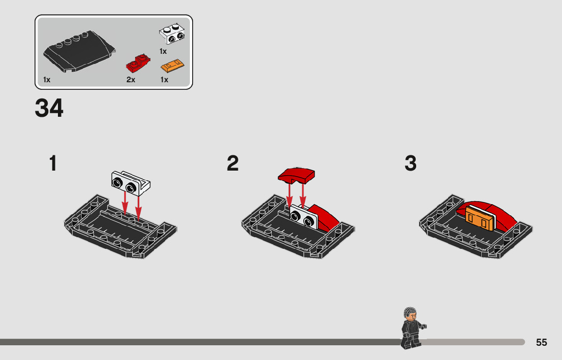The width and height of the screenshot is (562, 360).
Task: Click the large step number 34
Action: click(x=49, y=108)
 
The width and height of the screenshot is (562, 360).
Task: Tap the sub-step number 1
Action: click(x=53, y=163)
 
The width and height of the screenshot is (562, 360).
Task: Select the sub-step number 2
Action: click(x=233, y=163)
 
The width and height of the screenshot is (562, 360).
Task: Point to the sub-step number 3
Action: click(x=411, y=163)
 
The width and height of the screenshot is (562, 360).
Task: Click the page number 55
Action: click(x=542, y=342)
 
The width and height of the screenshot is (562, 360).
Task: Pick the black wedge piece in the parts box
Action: click(x=79, y=52)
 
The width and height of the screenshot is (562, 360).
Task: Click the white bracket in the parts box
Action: click(x=172, y=34)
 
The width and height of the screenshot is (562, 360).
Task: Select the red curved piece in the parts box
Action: click(x=138, y=64)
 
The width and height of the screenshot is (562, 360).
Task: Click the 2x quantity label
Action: click(x=131, y=80)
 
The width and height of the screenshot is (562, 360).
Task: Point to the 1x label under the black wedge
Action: click(x=47, y=80)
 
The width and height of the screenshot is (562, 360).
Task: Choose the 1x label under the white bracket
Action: click(x=163, y=51)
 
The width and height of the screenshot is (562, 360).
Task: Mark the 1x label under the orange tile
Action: click(x=164, y=80)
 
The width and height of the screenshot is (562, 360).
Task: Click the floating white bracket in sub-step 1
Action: click(x=130, y=183)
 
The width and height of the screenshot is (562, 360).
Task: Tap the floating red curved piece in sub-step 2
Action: click(x=296, y=175)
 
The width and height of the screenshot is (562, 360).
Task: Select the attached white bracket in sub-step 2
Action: click(x=303, y=216)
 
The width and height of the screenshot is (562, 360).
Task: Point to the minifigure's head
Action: click(x=410, y=314)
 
